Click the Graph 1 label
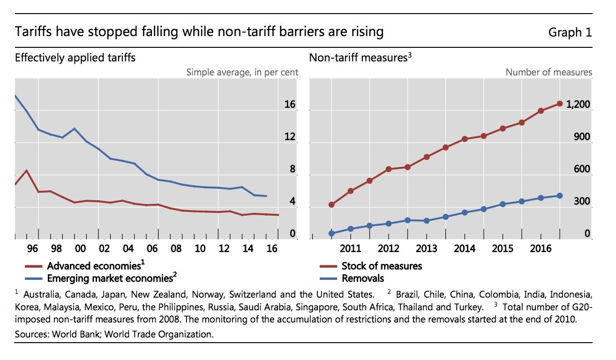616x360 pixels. pos(570,32)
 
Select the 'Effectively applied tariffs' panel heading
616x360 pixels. pos(75,58)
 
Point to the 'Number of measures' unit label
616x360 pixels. pos(548,72)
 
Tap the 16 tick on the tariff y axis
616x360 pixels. pos(290,105)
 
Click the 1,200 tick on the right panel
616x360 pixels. pos(578,105)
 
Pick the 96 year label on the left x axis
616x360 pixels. pos(32,248)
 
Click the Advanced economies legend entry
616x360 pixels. pos(94,266)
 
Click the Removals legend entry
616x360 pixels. pos(363,278)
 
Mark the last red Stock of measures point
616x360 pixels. pos(560,104)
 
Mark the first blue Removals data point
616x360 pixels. pos(331,233)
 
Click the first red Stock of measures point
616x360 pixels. pos(331,204)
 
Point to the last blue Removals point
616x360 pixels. pos(560,195)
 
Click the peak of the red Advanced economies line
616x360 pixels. pos(27,171)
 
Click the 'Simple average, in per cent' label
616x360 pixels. pos(242,72)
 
